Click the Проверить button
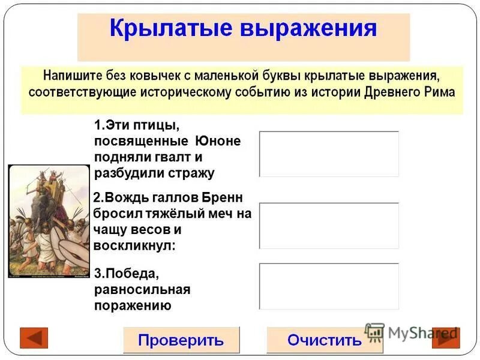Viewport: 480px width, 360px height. pos(181,340)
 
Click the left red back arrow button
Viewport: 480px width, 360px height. pos(34,338)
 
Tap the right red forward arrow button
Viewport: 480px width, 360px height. pos(446,338)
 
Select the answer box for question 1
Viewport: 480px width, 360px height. pos(329,154)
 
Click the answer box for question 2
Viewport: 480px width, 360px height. pos(329,226)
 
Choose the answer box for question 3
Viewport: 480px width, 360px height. pos(329,286)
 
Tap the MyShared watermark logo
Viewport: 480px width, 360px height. pos(412,332)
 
